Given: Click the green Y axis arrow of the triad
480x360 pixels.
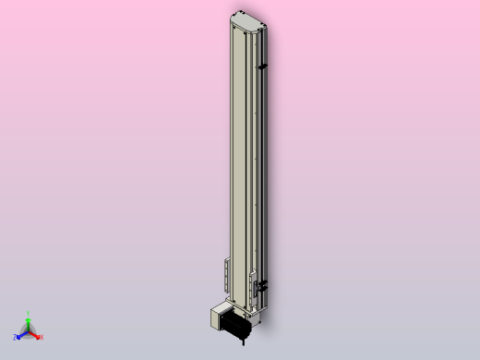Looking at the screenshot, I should (x=29, y=322).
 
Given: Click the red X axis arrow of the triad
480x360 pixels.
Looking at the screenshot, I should (x=35, y=334).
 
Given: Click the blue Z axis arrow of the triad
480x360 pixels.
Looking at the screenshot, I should (x=21, y=334).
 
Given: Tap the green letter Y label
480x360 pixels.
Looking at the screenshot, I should (x=29, y=313).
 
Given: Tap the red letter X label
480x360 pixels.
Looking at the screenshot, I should (x=41, y=337).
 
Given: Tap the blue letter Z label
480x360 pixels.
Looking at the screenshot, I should (x=16, y=337).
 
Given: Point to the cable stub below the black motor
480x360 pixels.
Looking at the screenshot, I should (x=242, y=342).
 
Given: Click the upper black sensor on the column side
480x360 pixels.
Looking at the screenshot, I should (x=264, y=66).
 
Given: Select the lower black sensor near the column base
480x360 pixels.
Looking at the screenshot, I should (x=263, y=284).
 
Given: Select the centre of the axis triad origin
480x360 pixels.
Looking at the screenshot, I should (x=29, y=331).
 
